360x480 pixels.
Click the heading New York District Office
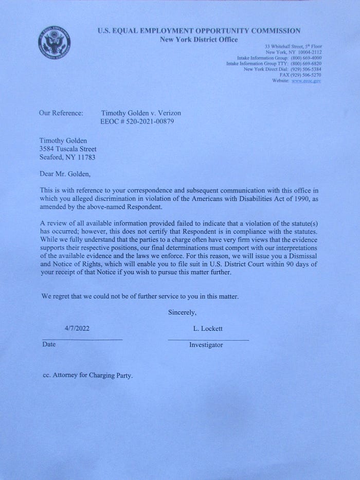pyautogui.click(x=199, y=39)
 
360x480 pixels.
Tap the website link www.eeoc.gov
pyautogui.click(x=306, y=81)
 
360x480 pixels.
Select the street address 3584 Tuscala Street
pyautogui.click(x=68, y=149)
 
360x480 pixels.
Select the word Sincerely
pyautogui.click(x=182, y=312)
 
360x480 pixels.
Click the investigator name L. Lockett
pyautogui.click(x=208, y=328)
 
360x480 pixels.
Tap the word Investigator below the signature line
pyautogui.click(x=206, y=345)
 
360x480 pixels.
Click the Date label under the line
pyautogui.click(x=48, y=345)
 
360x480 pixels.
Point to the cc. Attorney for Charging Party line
pyautogui.click(x=87, y=376)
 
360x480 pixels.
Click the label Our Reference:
pyautogui.click(x=61, y=113)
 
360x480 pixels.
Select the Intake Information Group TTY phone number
pyautogui.click(x=307, y=64)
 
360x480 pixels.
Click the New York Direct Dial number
pyautogui.click(x=307, y=69)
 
